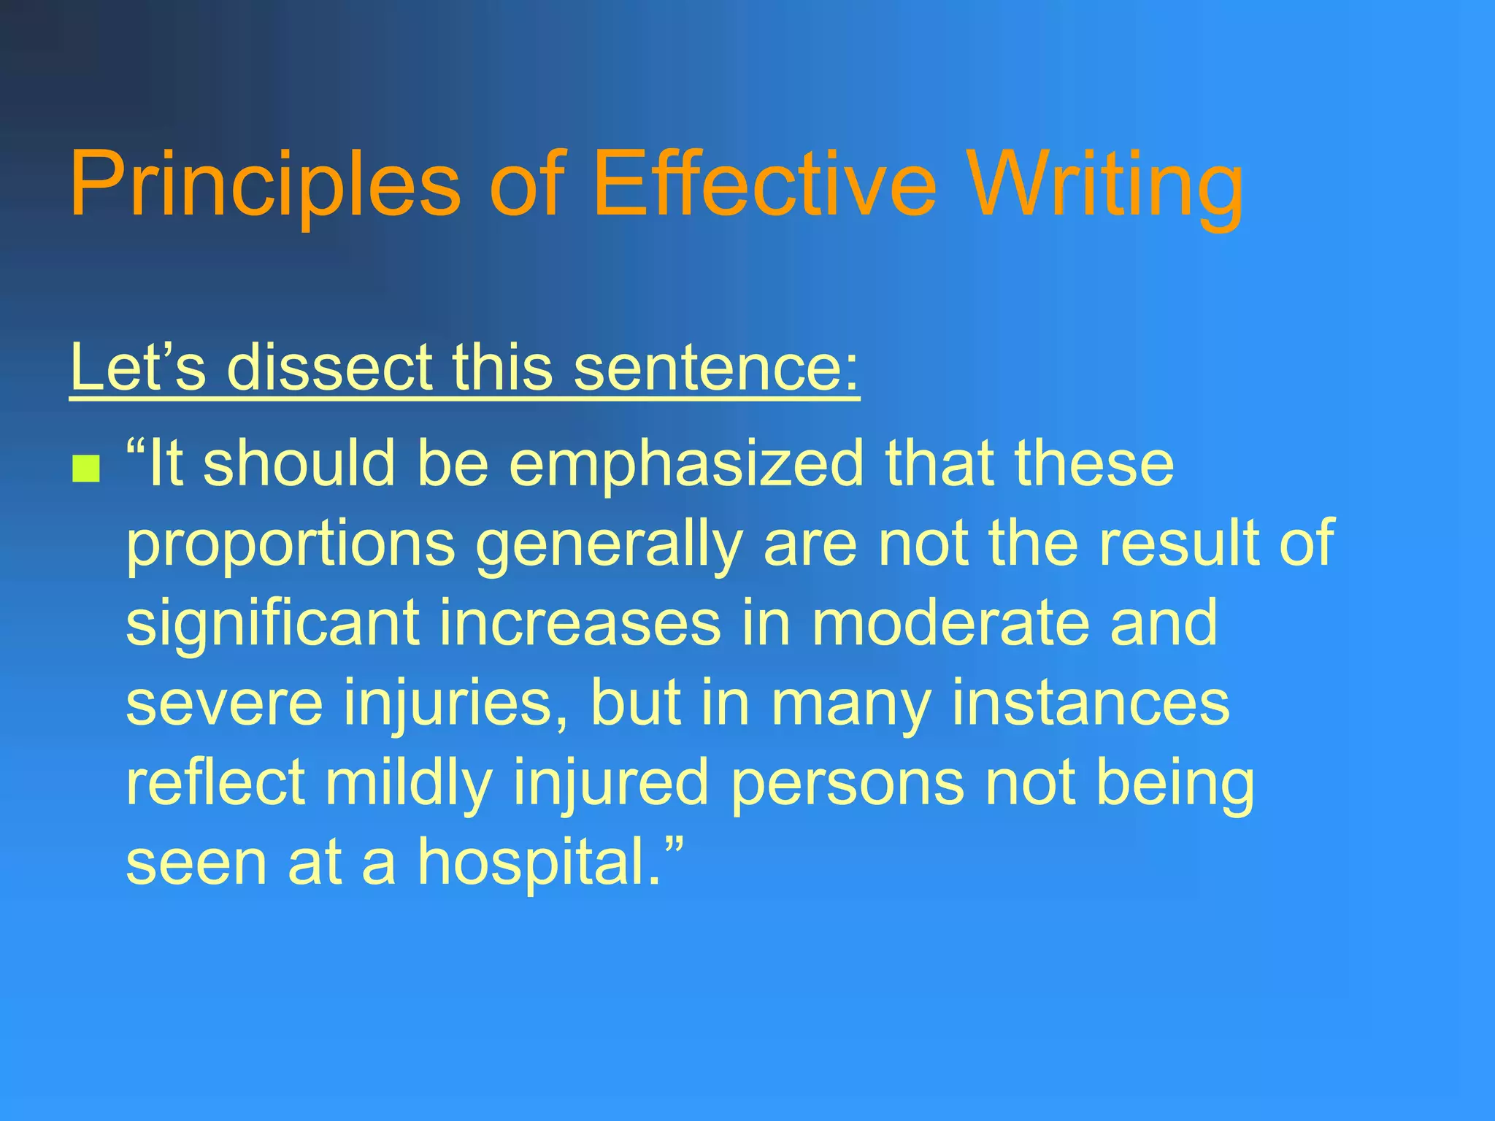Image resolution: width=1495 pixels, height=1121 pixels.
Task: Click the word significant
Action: pyautogui.click(x=273, y=624)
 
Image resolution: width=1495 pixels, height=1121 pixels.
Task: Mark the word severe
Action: pyautogui.click(x=224, y=703)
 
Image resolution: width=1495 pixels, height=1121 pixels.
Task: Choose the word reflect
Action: pyautogui.click(x=215, y=782)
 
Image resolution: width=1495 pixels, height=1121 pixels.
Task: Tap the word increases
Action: pyautogui.click(x=580, y=624)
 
